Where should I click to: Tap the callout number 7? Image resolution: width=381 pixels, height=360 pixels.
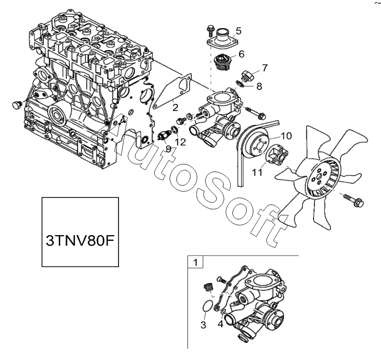click(264, 67)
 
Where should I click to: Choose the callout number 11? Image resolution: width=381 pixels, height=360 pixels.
click(258, 172)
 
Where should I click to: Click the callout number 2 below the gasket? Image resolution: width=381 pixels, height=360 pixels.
click(175, 107)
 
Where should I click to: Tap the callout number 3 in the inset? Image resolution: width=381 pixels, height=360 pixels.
click(203, 325)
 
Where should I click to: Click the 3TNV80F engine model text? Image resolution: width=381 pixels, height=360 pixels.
click(81, 240)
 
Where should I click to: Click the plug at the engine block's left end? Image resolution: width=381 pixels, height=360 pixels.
click(15, 106)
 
